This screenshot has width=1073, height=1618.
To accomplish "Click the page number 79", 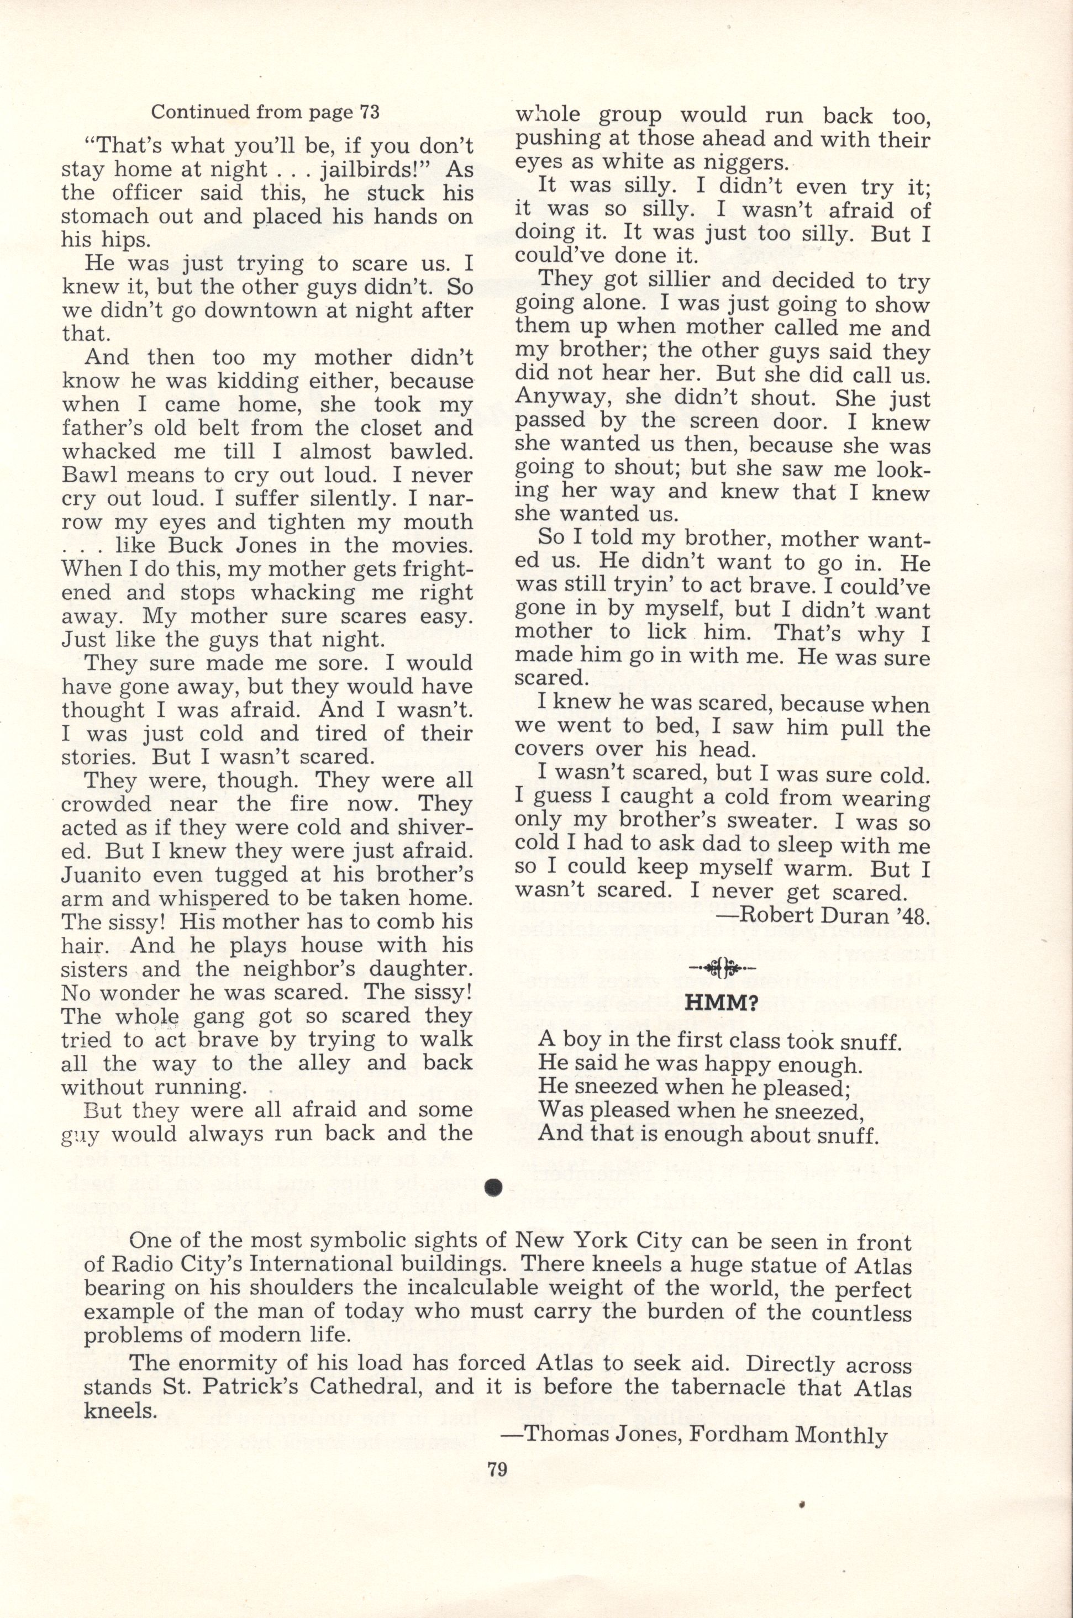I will pos(497,1469).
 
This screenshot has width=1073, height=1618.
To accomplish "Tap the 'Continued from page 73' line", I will pos(265,112).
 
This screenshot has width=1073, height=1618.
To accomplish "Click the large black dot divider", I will pos(493,1188).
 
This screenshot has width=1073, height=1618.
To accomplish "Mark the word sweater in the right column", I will pos(740,821).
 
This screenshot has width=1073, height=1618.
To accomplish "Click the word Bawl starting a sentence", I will pos(90,475).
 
